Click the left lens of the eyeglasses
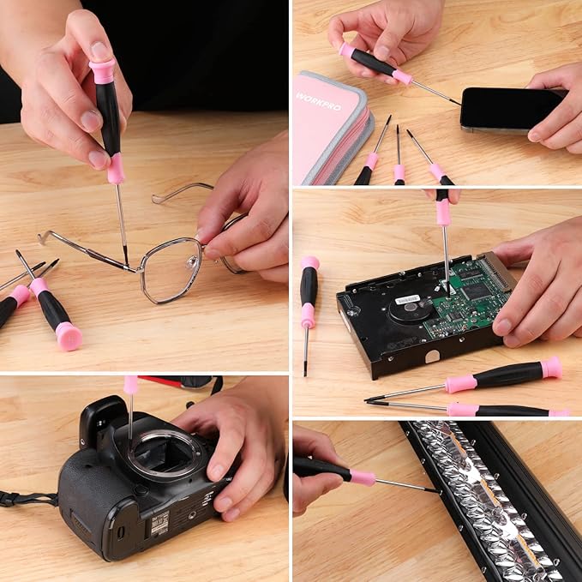(171, 269)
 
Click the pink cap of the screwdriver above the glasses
(102, 70)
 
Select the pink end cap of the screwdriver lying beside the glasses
(69, 335)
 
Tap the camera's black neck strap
(26, 498)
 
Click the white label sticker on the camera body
(159, 524)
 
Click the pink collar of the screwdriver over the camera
(130, 385)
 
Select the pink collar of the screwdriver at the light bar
(362, 477)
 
